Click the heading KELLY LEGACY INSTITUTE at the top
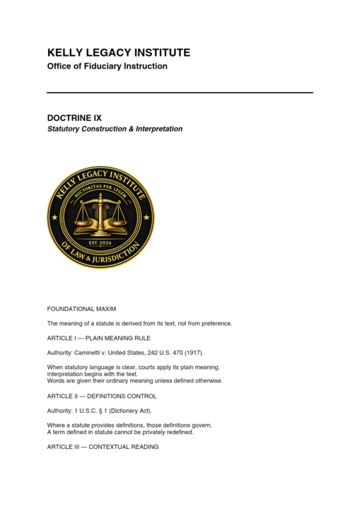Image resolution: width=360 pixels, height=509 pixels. [x=118, y=53]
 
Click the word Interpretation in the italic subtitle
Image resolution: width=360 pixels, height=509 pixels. [x=156, y=129]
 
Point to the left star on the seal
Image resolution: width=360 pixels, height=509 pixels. [x=55, y=217]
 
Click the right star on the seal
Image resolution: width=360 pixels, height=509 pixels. [x=146, y=217]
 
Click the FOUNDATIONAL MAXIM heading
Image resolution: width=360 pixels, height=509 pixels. [x=81, y=309]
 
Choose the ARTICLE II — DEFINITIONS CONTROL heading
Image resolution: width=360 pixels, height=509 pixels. [x=102, y=396]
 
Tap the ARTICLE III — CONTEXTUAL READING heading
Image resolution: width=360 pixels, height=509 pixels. [x=103, y=447]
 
